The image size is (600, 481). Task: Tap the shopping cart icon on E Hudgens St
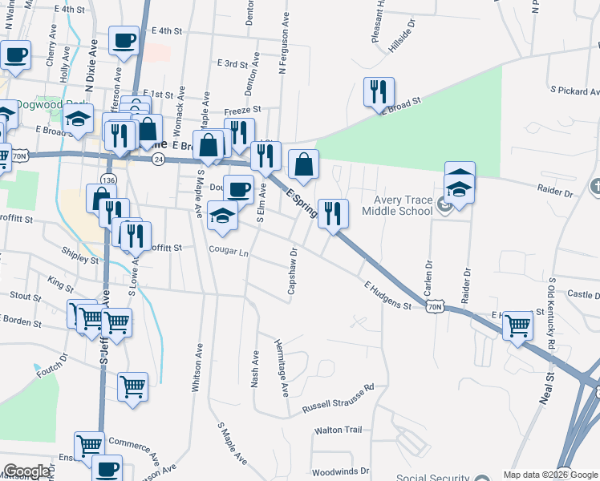pyautogui.click(x=518, y=325)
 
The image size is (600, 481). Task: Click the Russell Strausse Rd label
pyautogui.click(x=338, y=398)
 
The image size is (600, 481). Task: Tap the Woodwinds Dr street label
pyautogui.click(x=340, y=471)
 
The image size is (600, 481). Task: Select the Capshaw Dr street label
pyautogui.click(x=293, y=270)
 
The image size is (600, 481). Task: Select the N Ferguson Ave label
pyautogui.click(x=282, y=45)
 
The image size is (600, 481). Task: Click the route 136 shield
pyautogui.click(x=109, y=177)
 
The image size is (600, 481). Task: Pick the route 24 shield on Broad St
pyautogui.click(x=160, y=160)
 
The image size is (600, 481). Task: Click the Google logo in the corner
pyautogui.click(x=26, y=471)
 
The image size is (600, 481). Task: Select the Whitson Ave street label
pyautogui.click(x=196, y=369)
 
